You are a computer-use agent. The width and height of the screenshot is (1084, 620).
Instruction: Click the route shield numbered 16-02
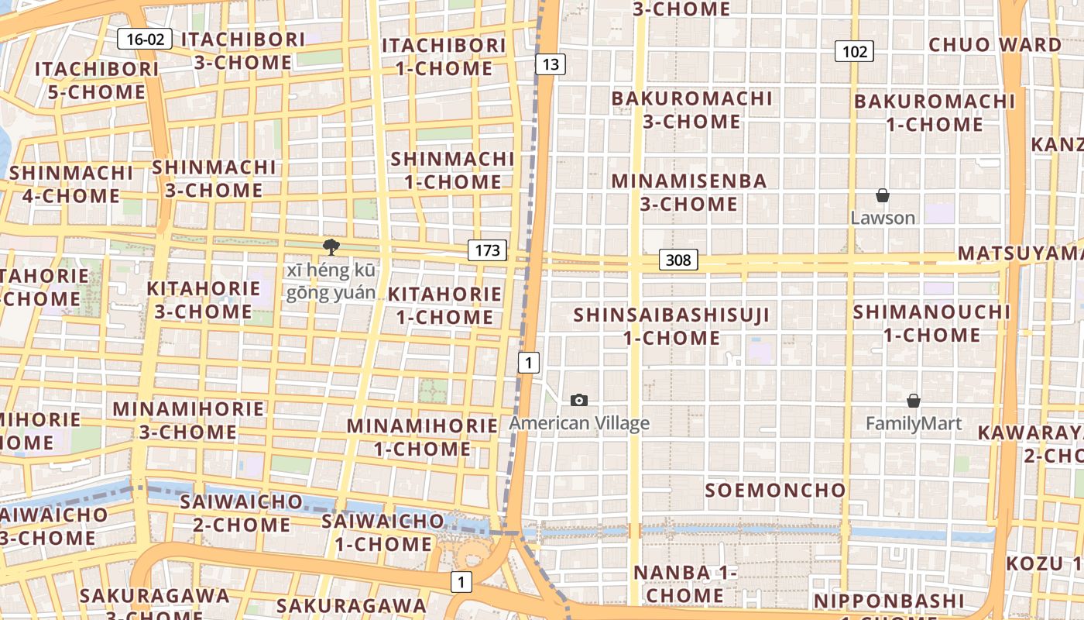coord(145,40)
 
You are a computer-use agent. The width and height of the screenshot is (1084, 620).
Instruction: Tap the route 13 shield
coord(550,64)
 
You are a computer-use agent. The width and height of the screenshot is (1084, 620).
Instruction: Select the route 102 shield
coord(854,52)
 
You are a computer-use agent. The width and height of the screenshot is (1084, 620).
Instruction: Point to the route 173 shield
coord(487,250)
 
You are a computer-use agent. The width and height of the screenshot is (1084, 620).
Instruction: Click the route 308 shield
coord(678,260)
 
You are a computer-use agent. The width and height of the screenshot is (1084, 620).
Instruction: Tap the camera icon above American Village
coord(579,400)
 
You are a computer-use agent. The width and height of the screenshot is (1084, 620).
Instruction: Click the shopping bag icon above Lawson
coord(882,195)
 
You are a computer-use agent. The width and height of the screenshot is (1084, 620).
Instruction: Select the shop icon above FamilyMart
coord(914,401)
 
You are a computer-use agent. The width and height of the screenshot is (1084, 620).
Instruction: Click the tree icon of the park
coord(331,247)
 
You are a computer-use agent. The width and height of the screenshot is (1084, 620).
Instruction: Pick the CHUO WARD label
coord(995,44)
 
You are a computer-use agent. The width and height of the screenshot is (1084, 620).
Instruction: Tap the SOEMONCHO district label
coord(775,490)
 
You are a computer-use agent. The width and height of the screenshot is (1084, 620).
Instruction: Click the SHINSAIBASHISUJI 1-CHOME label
coord(672,326)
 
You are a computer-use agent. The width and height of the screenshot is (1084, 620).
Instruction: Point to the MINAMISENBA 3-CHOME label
coord(688,192)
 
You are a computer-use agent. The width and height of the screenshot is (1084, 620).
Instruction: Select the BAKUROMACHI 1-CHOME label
coord(934,112)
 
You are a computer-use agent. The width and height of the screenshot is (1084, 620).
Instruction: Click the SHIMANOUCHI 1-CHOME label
coord(931,323)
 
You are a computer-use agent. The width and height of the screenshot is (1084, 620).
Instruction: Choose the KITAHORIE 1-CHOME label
coord(444,305)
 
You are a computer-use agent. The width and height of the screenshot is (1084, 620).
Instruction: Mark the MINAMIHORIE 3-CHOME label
coord(188,420)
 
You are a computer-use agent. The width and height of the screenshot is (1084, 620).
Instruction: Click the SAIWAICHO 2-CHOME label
coord(235,513)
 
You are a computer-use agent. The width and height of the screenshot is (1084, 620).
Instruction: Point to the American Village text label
coord(579,423)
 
